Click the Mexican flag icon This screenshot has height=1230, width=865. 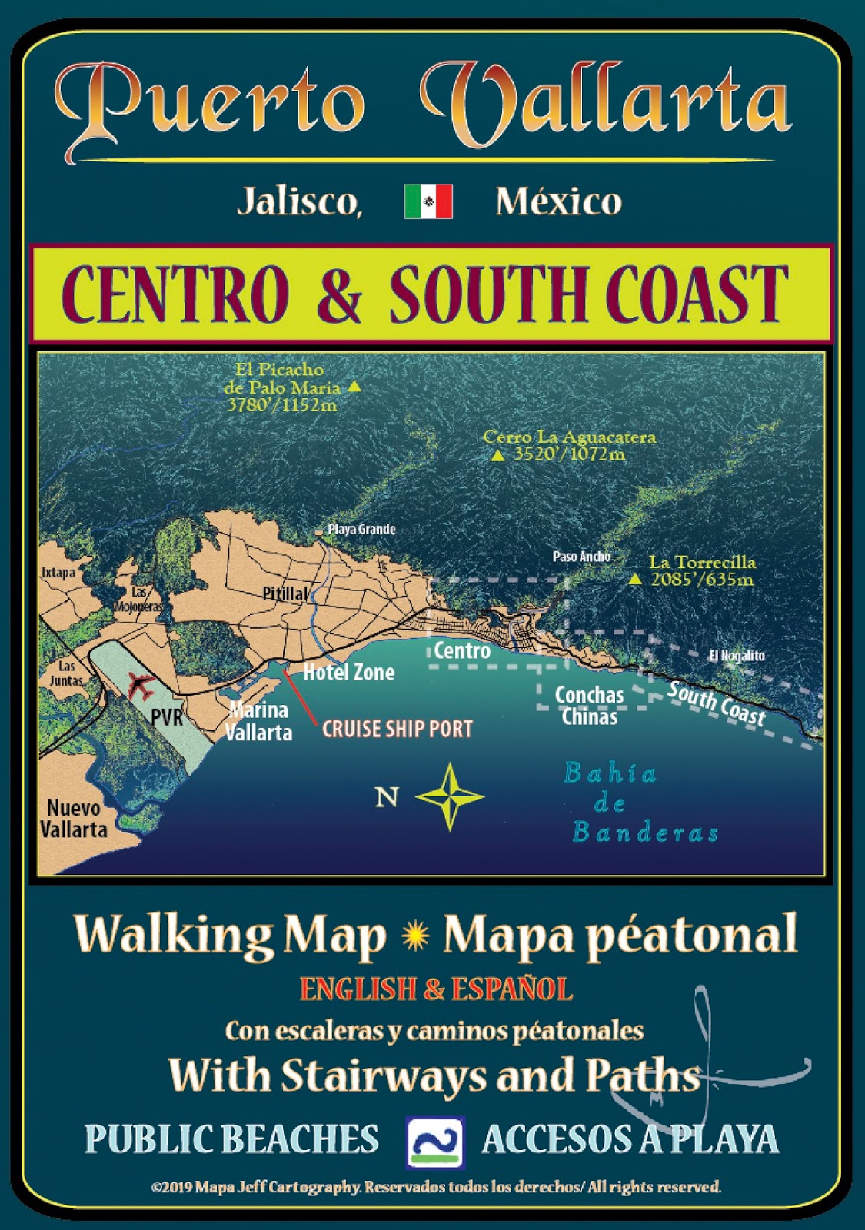tap(428, 201)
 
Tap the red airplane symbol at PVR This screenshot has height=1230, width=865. tap(140, 683)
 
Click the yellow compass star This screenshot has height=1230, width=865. tap(450, 796)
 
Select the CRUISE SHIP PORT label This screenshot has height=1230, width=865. tap(397, 729)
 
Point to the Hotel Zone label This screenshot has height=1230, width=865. tap(349, 673)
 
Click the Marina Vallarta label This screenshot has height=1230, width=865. tap(258, 721)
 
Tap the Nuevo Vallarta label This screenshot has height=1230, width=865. tap(74, 819)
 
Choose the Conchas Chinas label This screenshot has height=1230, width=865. tap(590, 706)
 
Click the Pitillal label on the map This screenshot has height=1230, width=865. tap(285, 593)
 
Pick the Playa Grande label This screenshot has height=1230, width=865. tap(361, 529)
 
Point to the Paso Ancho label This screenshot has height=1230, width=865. tap(581, 556)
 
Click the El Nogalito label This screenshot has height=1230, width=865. tap(737, 656)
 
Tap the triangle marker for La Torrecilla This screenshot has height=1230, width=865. tap(635, 580)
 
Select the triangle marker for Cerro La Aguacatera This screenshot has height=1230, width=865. tap(498, 455)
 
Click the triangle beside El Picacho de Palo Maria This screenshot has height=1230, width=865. tap(354, 387)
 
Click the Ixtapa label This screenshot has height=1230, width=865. tap(58, 573)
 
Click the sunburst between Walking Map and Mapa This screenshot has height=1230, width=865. tap(415, 936)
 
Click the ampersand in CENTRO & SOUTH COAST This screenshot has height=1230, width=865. tap(339, 294)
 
